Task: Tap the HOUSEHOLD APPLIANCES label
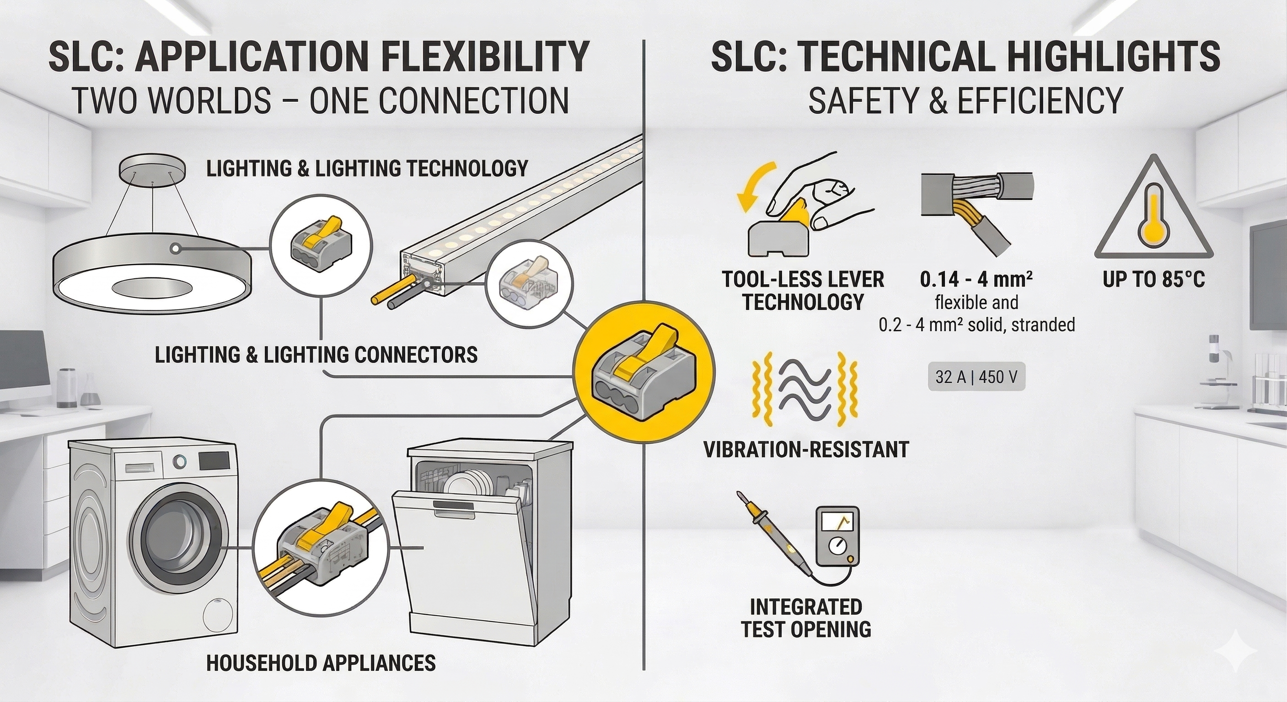[x=321, y=663]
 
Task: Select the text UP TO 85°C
[x=1153, y=280]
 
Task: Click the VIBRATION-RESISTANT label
[x=806, y=449]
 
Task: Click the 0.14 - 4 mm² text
[x=976, y=280]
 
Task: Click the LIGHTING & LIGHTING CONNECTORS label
[x=316, y=355]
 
